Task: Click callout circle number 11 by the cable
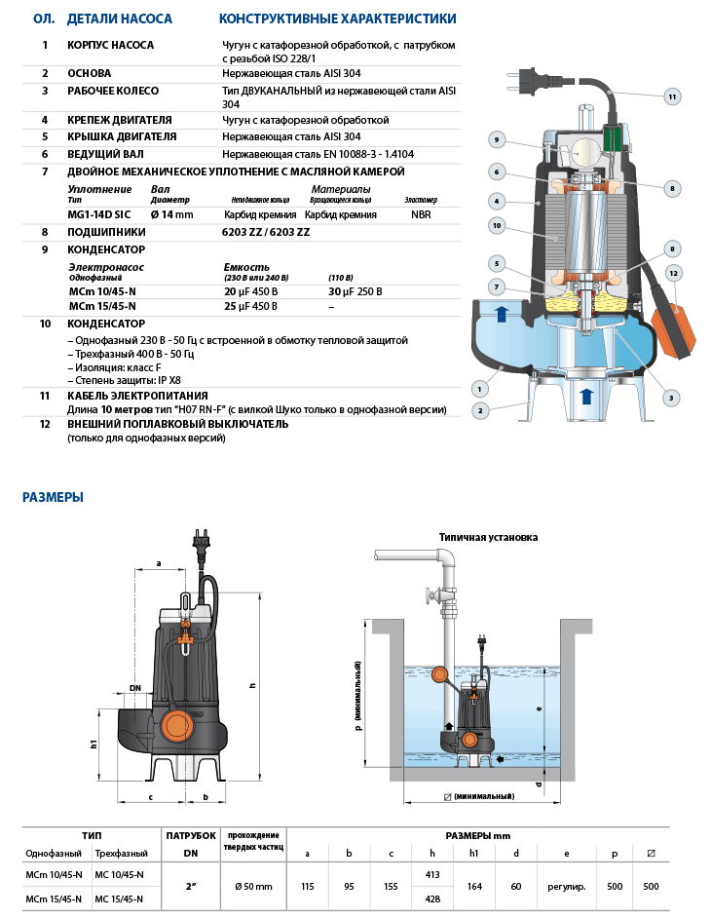[672, 96]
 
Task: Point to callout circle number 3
[671, 397]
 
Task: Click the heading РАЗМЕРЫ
[53, 497]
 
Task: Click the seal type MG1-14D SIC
[99, 213]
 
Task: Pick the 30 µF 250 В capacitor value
[355, 291]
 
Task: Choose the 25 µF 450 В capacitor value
[250, 306]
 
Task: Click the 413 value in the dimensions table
[433, 874]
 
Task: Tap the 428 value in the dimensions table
[433, 898]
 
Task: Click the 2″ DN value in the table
[191, 886]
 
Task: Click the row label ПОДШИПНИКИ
[107, 232]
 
